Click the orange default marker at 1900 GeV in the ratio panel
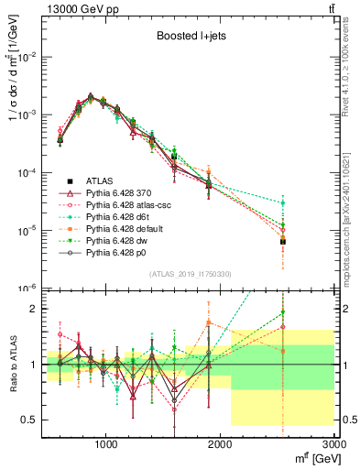coord(209,322)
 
